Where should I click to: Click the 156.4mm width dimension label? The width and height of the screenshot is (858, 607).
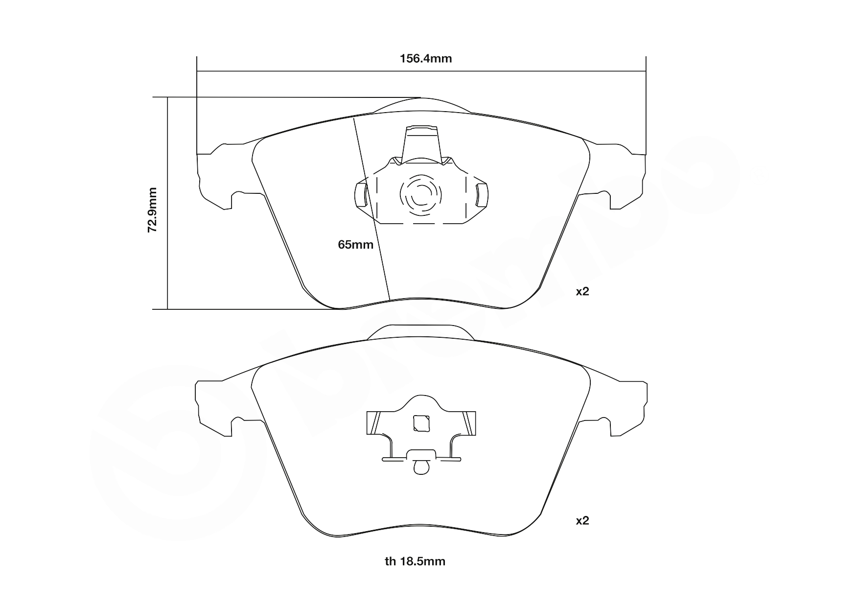(x=425, y=59)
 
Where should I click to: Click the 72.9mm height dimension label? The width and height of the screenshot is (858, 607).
(x=153, y=209)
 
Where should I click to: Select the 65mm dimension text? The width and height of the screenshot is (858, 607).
(x=355, y=244)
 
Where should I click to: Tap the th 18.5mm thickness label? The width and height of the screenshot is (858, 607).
(x=415, y=561)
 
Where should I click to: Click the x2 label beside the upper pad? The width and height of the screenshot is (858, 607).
(x=582, y=292)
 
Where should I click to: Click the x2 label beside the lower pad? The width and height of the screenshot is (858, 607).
(x=582, y=520)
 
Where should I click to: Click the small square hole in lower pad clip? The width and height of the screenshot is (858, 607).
(x=421, y=423)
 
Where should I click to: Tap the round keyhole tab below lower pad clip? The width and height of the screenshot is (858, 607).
(x=421, y=468)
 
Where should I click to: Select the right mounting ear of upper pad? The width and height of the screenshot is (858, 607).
(x=624, y=176)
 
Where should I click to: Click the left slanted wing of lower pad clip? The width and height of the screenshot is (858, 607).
(x=374, y=423)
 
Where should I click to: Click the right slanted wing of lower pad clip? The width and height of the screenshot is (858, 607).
(x=468, y=423)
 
